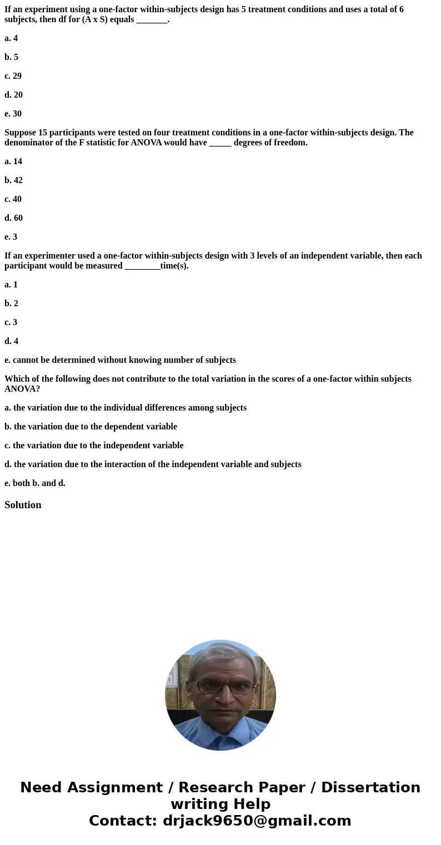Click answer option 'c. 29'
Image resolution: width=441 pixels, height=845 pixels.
click(x=13, y=76)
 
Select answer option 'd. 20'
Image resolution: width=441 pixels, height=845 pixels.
click(x=14, y=95)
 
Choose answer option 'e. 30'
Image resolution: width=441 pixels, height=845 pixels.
click(x=13, y=114)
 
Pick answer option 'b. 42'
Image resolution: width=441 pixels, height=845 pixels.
click(x=14, y=180)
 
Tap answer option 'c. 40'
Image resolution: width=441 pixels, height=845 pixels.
click(x=13, y=199)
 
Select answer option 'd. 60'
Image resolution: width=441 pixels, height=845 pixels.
click(x=14, y=218)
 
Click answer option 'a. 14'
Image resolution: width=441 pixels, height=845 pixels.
click(x=13, y=161)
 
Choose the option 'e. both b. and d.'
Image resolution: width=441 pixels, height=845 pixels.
click(x=35, y=483)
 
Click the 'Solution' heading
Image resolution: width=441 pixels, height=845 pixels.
click(x=23, y=505)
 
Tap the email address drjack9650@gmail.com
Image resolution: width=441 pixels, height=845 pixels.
click(x=257, y=821)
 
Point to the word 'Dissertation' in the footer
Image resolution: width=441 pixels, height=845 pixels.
click(x=370, y=788)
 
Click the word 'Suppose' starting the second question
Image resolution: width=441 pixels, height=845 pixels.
click(x=20, y=133)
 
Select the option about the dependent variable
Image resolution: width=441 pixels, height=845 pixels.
click(x=91, y=427)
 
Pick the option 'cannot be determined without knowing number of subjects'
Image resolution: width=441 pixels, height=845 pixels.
click(x=120, y=360)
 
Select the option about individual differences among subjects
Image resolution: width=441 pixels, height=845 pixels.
click(x=126, y=408)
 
